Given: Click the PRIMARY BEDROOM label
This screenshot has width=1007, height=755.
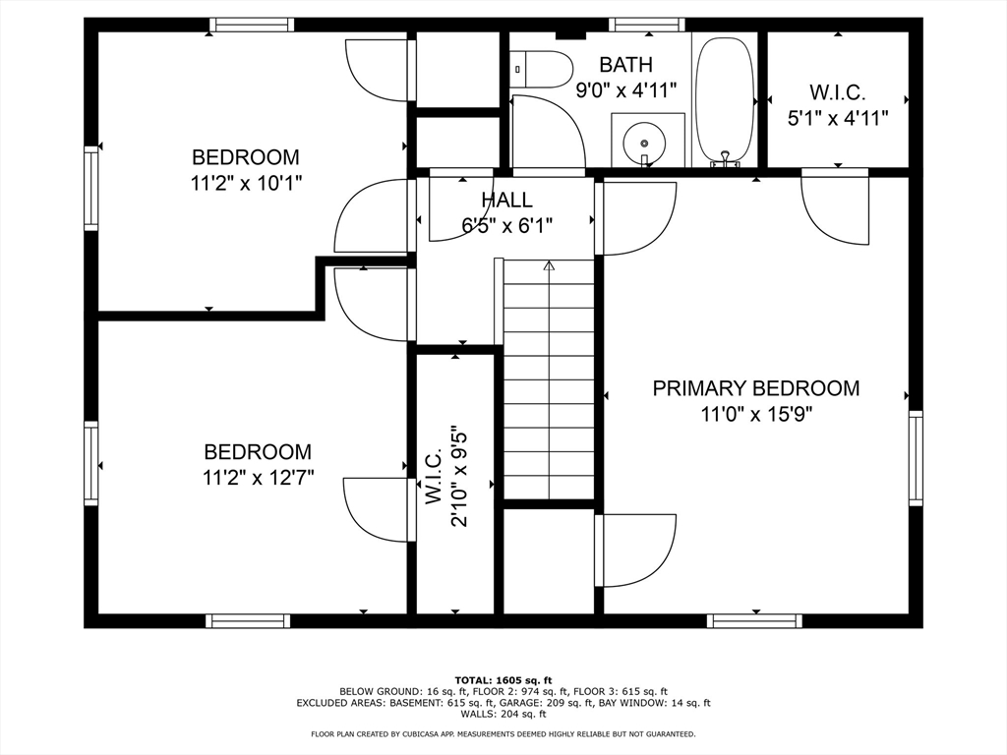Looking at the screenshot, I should coord(755,388).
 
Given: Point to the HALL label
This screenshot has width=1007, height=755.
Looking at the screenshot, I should coord(506,201).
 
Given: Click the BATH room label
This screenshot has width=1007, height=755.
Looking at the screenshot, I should coord(625,65).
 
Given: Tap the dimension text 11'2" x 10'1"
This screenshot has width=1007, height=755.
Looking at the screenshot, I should coord(246,182).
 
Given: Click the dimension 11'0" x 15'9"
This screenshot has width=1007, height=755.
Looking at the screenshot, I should coord(755,414).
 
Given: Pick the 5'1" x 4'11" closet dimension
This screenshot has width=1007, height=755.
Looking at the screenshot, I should coord(837,118).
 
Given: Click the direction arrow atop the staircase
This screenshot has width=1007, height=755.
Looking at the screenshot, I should coord(549,265).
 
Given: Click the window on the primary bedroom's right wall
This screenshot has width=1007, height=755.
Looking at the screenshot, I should coord(916,458).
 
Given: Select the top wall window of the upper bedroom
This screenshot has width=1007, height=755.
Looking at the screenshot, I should coord(252,26).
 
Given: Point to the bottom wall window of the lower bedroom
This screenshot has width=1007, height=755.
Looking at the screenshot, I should coord(248,620).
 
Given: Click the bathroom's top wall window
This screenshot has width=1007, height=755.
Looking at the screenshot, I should coord(646,26).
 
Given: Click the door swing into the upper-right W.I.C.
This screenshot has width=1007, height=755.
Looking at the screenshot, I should coord(836,208).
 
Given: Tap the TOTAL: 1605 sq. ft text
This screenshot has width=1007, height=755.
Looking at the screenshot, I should coord(503,680).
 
